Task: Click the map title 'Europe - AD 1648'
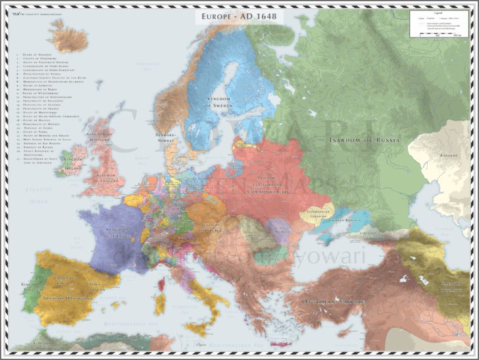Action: tap(239, 15)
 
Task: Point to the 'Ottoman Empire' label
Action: tap(333, 301)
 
